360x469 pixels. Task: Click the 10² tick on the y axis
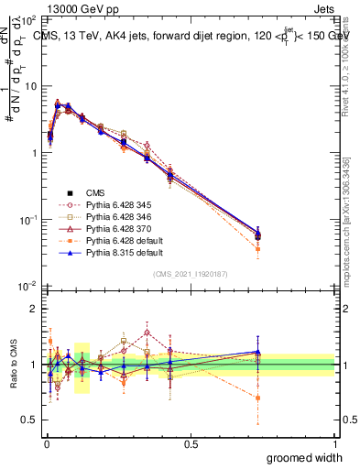27,19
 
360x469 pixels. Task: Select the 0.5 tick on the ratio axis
31,420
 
